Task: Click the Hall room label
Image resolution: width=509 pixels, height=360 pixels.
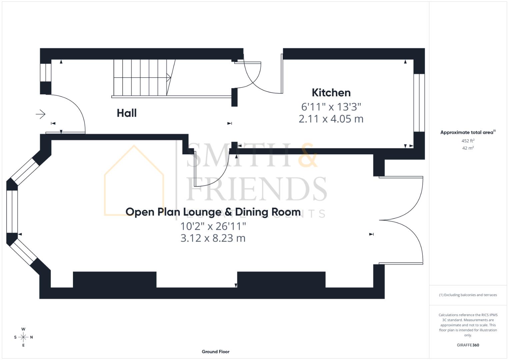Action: point(127,113)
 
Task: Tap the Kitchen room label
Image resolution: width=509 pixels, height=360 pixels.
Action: point(331,93)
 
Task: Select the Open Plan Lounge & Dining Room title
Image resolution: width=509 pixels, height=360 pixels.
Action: point(213,212)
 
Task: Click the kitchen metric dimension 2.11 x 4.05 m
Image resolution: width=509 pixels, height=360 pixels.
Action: point(331,119)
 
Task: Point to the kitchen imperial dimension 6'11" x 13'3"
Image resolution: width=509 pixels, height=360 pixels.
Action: point(331,107)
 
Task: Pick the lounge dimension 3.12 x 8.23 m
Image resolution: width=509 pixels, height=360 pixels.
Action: point(213,238)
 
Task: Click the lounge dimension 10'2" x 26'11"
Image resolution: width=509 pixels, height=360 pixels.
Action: point(213,226)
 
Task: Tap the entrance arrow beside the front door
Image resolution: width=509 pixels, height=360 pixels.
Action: point(41,114)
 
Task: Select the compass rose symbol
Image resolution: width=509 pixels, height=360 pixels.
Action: point(23,337)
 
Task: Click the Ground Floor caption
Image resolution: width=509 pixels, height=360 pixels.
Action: point(215,351)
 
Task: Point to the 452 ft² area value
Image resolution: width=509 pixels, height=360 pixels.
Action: point(468,141)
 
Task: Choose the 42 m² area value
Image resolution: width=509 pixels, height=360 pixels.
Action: point(468,148)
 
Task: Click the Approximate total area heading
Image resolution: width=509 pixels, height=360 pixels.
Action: point(468,132)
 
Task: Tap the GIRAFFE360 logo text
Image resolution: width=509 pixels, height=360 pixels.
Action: point(468,345)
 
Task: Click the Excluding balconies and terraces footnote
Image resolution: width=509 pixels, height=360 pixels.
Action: point(468,295)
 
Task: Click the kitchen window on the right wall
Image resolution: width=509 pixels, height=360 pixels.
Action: point(419,103)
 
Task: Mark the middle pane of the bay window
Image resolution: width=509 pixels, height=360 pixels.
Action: point(12,212)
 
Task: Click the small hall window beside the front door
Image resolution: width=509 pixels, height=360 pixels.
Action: point(46,72)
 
